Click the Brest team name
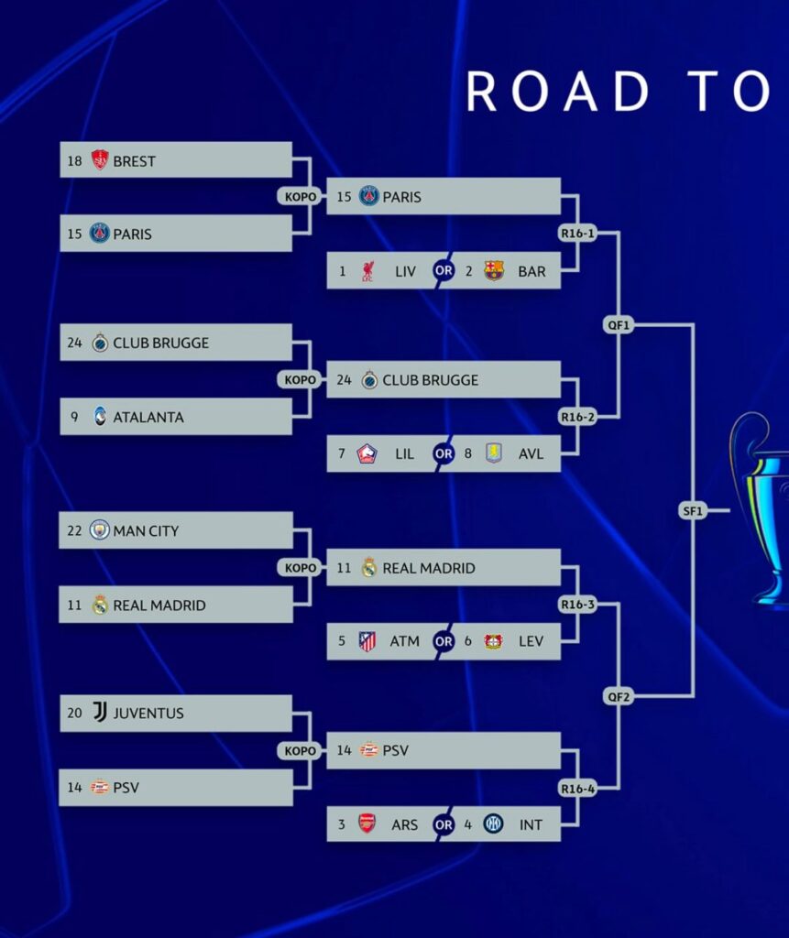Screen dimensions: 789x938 tap(134, 161)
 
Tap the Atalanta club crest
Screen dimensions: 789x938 tap(100, 417)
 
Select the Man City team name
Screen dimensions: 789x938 tap(146, 530)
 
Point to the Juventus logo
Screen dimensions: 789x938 tap(100, 712)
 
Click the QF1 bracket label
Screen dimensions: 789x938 tap(619, 325)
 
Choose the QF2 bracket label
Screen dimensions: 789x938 tap(619, 696)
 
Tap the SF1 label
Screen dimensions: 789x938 tap(693, 511)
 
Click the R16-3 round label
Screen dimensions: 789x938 tap(577, 605)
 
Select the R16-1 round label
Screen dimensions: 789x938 tap(577, 234)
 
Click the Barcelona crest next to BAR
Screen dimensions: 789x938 tap(494, 270)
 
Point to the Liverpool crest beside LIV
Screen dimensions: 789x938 tap(367, 271)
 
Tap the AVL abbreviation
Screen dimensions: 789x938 tap(531, 454)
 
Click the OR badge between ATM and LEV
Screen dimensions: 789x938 tap(444, 641)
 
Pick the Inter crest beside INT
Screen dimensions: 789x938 tap(493, 823)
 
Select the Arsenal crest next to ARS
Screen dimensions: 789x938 tap(367, 823)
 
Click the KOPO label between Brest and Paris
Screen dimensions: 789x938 tap(300, 196)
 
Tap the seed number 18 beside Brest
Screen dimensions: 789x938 tap(74, 161)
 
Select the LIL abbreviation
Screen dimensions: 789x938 tap(405, 454)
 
